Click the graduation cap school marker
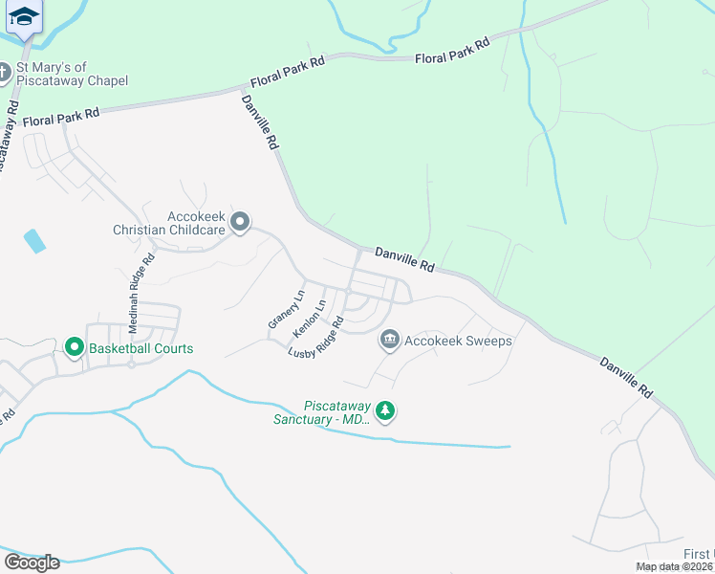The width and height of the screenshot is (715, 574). (23, 16)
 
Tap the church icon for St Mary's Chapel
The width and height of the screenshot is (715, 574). (4, 73)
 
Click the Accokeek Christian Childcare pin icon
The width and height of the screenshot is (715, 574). (240, 223)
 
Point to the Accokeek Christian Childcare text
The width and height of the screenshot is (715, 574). (168, 223)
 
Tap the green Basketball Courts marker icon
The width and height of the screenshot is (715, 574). (75, 348)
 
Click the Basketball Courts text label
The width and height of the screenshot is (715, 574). (141, 348)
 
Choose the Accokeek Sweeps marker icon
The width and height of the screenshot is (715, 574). (389, 340)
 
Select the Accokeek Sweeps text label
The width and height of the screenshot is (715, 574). (458, 341)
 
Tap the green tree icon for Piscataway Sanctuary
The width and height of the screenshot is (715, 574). (384, 411)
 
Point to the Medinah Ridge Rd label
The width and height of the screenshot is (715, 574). (140, 293)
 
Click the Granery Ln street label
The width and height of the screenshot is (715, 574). (286, 309)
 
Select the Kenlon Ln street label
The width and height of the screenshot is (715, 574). (310, 319)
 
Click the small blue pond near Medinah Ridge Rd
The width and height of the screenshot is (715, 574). (34, 241)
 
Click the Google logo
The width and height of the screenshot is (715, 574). (32, 563)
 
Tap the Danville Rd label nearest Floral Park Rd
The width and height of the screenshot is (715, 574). (260, 121)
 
